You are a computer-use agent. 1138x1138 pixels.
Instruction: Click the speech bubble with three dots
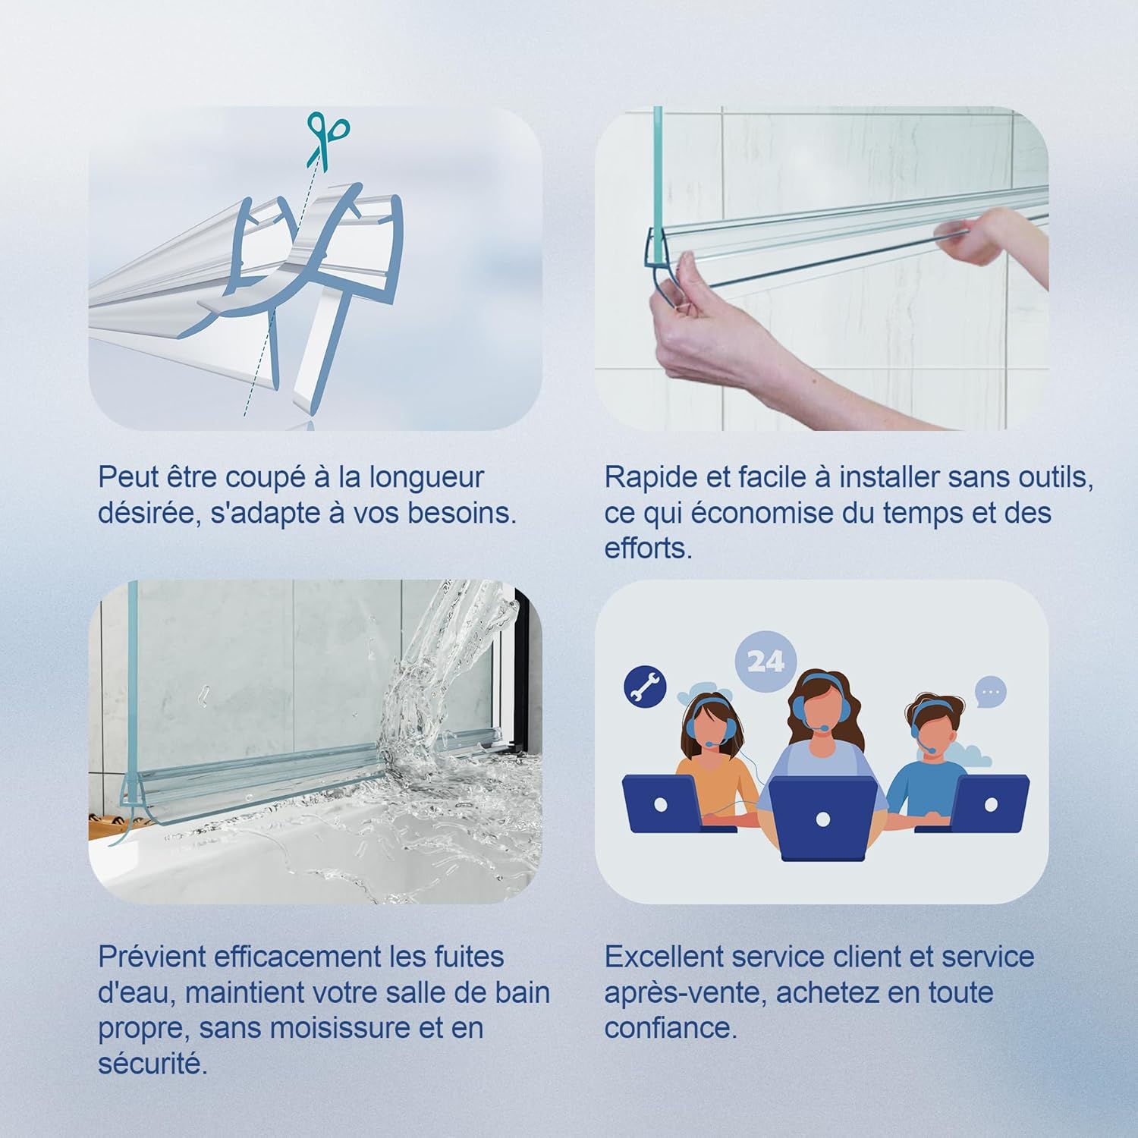coord(991,693)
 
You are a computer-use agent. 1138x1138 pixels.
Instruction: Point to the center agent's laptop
coord(823,819)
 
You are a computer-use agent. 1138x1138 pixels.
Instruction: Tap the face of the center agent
coord(816,716)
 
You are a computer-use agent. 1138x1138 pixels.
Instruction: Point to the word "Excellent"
coord(664,957)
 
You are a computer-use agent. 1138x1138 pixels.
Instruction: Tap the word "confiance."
coord(671,1029)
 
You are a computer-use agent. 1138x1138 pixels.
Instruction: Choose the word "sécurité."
coord(152,1064)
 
